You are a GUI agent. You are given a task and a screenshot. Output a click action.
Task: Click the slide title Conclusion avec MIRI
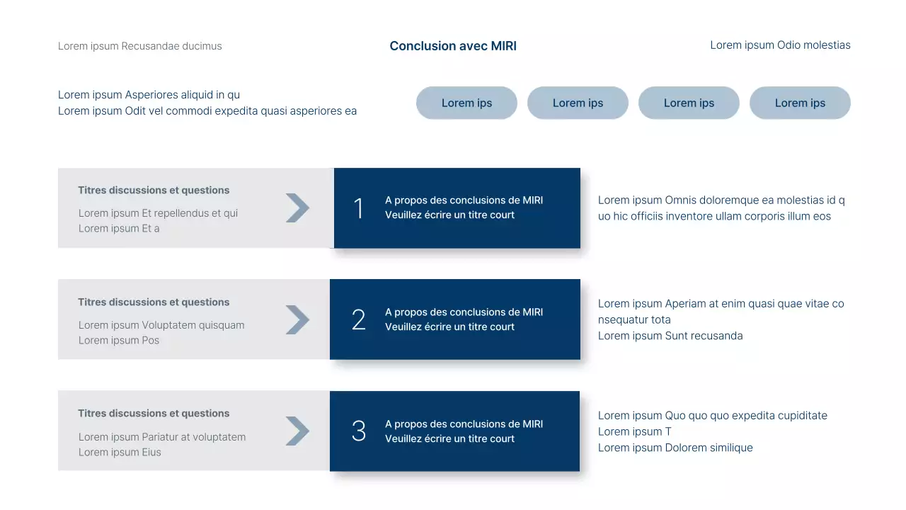[x=453, y=46]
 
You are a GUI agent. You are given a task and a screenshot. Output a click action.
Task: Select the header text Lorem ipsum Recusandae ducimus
[x=139, y=46]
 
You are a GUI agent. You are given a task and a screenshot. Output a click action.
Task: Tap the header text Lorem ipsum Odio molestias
[x=780, y=45]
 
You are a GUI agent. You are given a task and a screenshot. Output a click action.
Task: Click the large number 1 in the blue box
[x=358, y=208]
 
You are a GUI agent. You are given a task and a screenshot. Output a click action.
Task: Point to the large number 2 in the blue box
[x=359, y=320]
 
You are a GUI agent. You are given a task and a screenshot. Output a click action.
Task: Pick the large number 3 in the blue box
[x=359, y=431]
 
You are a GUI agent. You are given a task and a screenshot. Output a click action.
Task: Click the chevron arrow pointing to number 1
[x=298, y=208]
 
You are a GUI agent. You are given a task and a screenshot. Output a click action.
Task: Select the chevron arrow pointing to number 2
[x=298, y=319]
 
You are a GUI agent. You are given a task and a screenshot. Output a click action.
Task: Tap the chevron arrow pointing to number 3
[x=298, y=431]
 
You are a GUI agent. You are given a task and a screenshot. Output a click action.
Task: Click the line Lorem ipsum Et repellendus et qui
[x=158, y=213]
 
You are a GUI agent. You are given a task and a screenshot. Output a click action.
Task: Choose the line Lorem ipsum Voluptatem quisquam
[x=161, y=325]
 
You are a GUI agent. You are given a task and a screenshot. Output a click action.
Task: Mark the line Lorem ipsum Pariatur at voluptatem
[x=162, y=437]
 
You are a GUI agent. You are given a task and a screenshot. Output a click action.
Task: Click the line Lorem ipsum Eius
[x=120, y=453]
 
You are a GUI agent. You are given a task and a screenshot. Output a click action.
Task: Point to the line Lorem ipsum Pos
[x=119, y=341]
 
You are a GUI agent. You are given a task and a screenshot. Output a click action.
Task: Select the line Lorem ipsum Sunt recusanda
[x=670, y=336]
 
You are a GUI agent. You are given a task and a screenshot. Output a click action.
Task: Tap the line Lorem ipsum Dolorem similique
[x=675, y=448]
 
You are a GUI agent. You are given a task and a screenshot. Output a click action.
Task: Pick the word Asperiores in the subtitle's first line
[x=151, y=95]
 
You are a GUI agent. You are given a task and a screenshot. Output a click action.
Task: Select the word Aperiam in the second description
[x=686, y=304]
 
